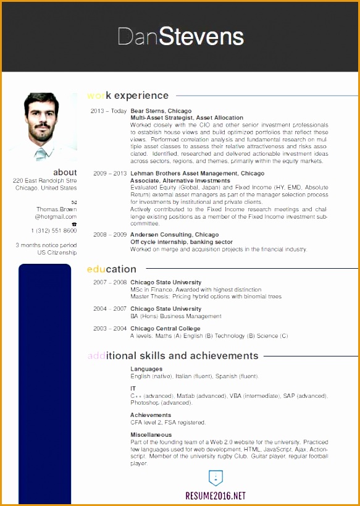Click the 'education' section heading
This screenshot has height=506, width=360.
click(111, 269)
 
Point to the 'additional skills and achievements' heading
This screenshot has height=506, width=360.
click(173, 356)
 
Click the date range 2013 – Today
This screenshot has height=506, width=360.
click(108, 111)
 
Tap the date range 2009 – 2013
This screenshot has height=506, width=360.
click(110, 174)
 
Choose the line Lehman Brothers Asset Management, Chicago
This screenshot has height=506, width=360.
click(197, 174)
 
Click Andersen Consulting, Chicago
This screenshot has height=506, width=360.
click(174, 235)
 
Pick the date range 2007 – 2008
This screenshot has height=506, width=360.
click(110, 282)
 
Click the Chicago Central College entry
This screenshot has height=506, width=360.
click(165, 329)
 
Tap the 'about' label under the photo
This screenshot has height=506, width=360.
click(65, 172)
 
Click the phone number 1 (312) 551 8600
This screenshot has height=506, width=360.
click(54, 230)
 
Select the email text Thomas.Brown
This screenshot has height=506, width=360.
click(56, 209)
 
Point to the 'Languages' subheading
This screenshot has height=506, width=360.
click(146, 369)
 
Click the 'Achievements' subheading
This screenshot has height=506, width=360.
click(151, 415)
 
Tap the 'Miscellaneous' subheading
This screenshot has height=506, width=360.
click(151, 435)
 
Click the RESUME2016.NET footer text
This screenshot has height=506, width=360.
click(215, 495)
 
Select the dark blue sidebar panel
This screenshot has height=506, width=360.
click(44, 383)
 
